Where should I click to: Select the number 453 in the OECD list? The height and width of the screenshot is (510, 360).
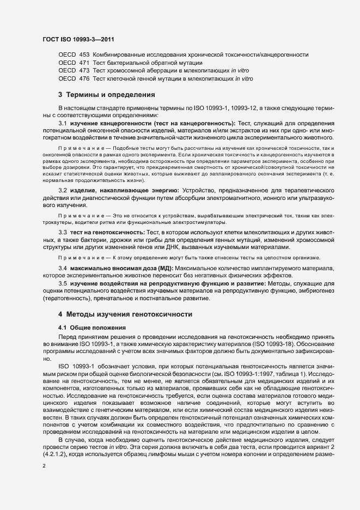point(84,56)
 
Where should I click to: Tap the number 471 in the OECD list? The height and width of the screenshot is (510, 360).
point(84,63)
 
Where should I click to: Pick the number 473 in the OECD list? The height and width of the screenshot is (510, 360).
point(84,71)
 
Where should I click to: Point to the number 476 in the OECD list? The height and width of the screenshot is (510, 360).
point(84,78)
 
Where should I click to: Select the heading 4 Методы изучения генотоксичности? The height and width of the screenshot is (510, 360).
point(125,315)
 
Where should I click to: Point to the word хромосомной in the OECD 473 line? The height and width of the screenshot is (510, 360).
point(130,71)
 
